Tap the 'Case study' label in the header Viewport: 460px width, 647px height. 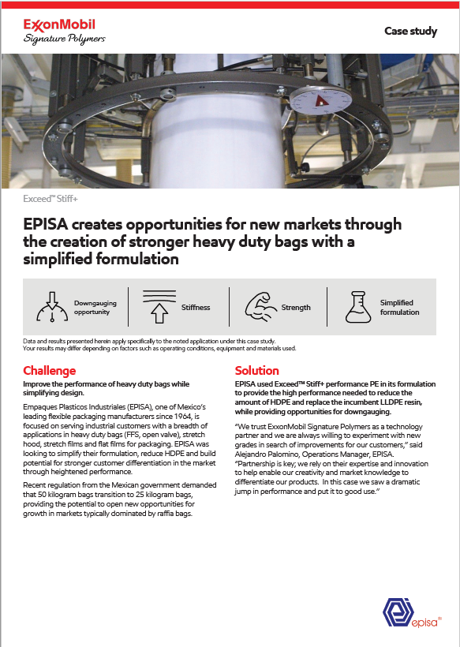point(410,31)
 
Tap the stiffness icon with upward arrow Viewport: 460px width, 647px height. point(159,307)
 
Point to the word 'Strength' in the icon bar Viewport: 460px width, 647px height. point(297,308)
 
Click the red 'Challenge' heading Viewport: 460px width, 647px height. point(50,370)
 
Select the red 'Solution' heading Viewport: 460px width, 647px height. point(257,370)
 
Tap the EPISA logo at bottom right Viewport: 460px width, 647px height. point(412,615)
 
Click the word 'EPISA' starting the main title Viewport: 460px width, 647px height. point(50,225)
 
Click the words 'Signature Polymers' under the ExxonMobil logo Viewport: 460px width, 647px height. point(64,39)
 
